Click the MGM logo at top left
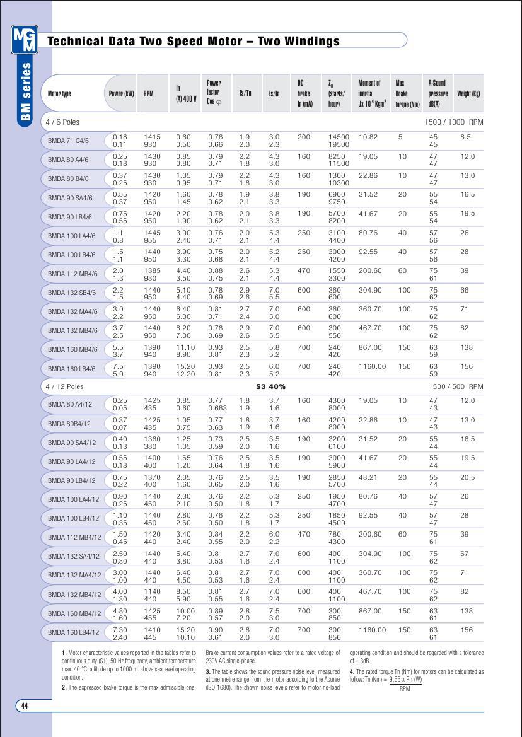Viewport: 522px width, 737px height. tap(25, 39)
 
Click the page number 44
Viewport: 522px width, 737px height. tap(25, 705)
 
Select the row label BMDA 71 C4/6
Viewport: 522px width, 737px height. tap(68, 141)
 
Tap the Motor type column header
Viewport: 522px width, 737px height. tap(60, 94)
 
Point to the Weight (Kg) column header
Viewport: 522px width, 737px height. tap(468, 94)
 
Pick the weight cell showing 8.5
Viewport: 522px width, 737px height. tap(465, 137)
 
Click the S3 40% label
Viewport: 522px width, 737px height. tap(270, 386)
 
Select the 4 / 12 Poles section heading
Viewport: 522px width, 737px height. tap(64, 386)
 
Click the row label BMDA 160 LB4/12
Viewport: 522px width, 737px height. tap(73, 632)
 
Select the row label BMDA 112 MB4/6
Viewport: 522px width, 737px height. tap(72, 273)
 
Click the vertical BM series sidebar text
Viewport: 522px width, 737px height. tap(26, 92)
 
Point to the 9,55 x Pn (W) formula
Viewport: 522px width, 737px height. tap(405, 680)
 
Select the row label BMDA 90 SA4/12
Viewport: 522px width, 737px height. tap(72, 443)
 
